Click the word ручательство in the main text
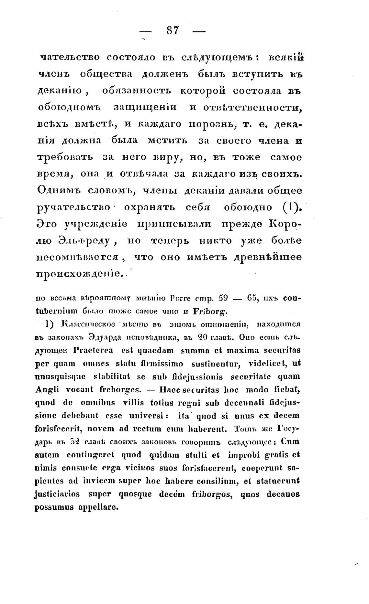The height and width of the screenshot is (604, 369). coord(75,207)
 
